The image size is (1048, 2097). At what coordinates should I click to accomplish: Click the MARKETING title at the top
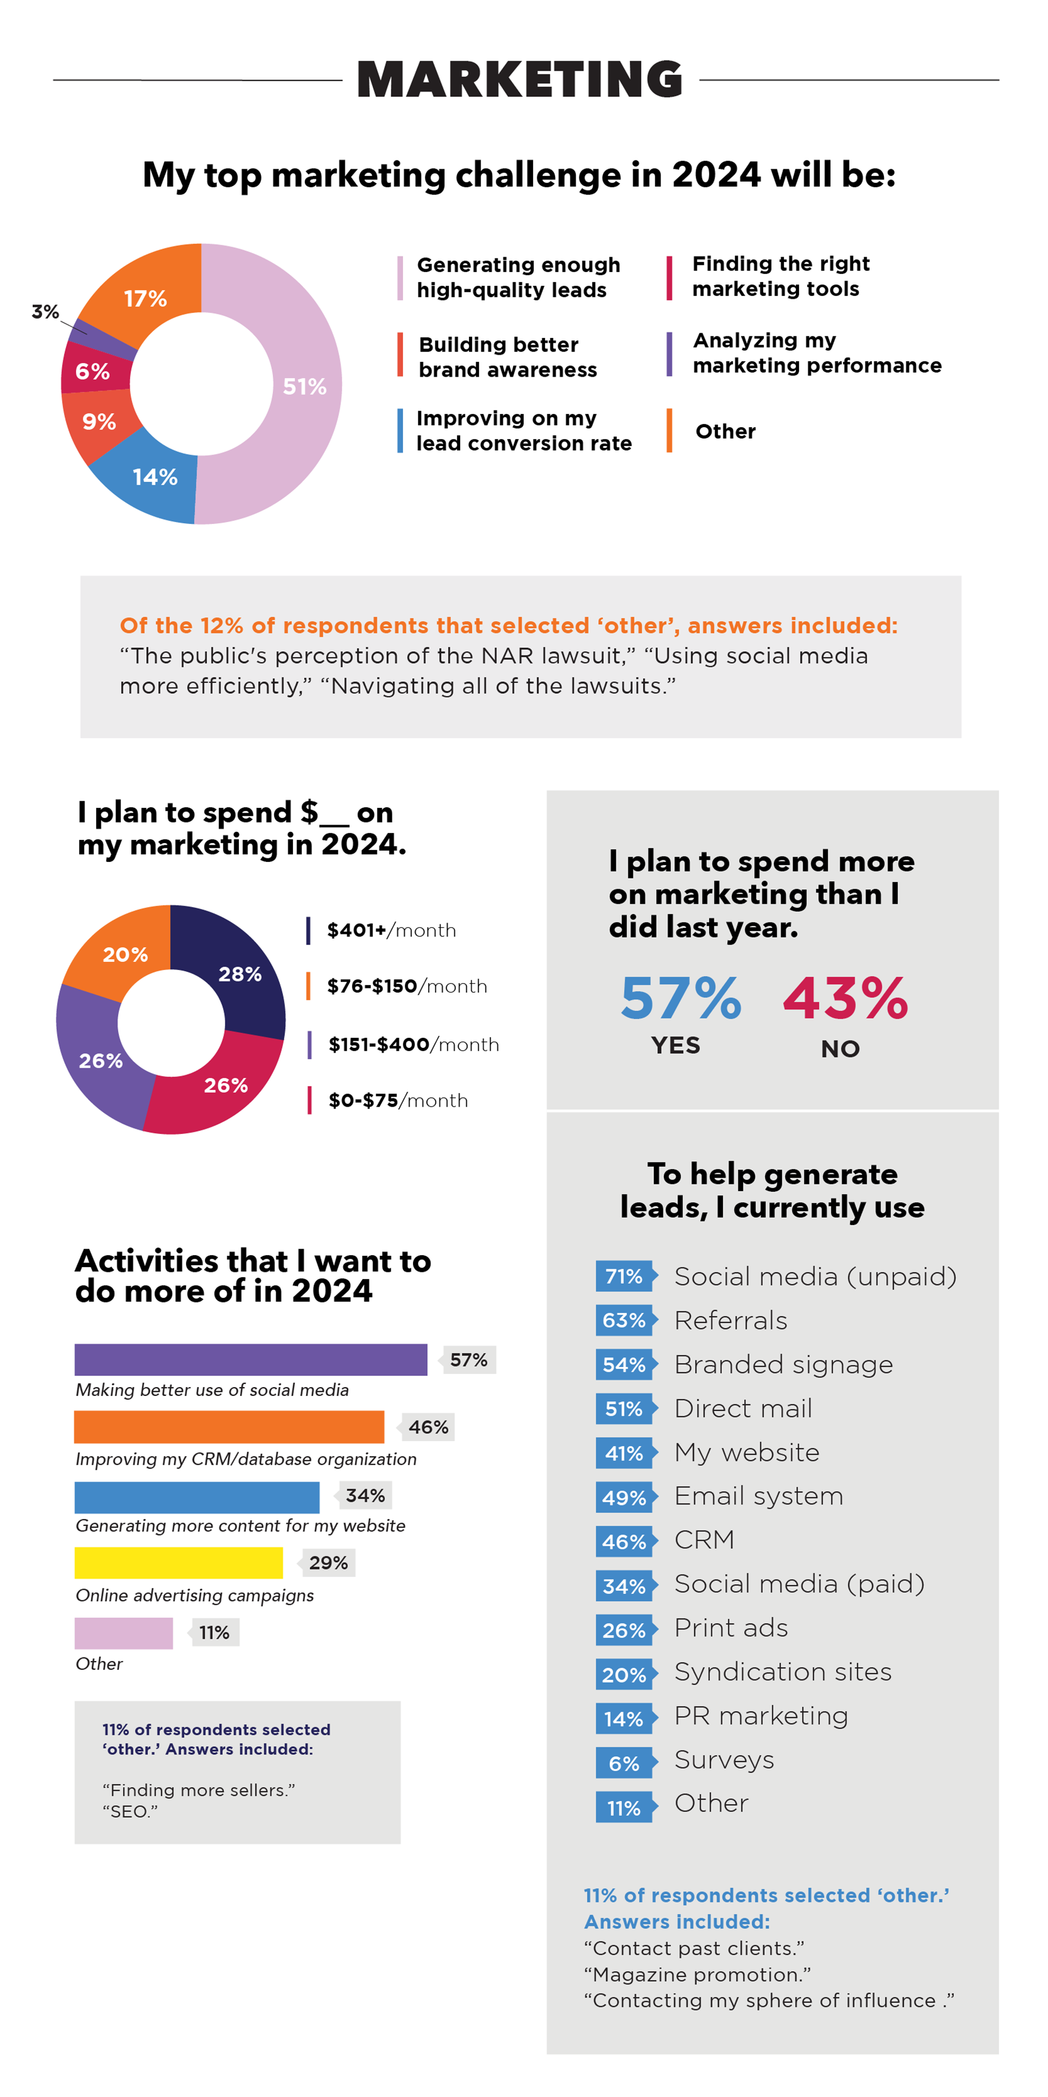point(520,79)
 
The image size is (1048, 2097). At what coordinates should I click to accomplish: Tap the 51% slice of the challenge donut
point(306,386)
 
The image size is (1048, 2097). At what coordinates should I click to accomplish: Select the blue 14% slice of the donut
point(155,477)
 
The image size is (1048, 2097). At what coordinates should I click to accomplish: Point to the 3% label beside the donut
point(45,312)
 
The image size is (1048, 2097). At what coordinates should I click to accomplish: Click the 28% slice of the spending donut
point(240,974)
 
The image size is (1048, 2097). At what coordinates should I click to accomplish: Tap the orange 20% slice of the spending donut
point(125,954)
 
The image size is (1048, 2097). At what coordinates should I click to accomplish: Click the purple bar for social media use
point(251,1359)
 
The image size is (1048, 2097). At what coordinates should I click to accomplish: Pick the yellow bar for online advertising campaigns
point(178,1563)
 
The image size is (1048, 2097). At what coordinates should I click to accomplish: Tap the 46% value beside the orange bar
point(429,1427)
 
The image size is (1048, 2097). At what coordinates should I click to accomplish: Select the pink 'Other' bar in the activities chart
point(124,1633)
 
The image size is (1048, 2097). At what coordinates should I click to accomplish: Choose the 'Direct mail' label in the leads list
point(742,1408)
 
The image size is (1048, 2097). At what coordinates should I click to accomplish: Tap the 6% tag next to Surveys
point(624,1763)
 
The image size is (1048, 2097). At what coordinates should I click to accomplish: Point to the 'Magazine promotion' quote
point(697,1974)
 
